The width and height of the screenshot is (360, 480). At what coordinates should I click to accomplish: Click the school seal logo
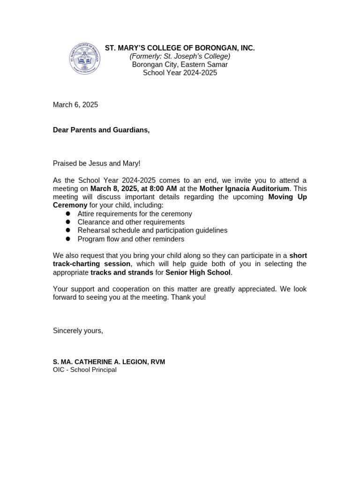pyautogui.click(x=85, y=59)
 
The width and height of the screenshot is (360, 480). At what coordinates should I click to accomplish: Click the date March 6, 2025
pyautogui.click(x=75, y=105)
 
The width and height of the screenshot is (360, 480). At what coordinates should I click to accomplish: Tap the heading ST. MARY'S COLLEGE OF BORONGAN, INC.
pyautogui.click(x=180, y=48)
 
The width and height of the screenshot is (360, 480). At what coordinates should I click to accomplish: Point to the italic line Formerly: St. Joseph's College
pyautogui.click(x=180, y=56)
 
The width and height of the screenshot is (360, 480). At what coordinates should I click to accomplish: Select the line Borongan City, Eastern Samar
pyautogui.click(x=180, y=65)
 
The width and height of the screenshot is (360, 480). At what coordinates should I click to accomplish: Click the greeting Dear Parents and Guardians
pyautogui.click(x=101, y=130)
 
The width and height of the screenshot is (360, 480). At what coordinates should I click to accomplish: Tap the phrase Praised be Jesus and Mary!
pyautogui.click(x=97, y=163)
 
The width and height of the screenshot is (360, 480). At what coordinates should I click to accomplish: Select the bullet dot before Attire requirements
pyautogui.click(x=68, y=214)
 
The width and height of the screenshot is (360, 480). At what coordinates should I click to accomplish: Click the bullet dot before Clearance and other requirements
pyautogui.click(x=68, y=222)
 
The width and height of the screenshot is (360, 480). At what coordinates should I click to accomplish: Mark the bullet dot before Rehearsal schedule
pyautogui.click(x=68, y=230)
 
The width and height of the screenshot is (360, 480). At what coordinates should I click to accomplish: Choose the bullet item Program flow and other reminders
pyautogui.click(x=131, y=239)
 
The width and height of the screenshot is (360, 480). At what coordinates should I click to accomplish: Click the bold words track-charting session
pyautogui.click(x=91, y=264)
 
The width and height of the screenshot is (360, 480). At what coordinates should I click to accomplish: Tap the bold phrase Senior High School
pyautogui.click(x=198, y=272)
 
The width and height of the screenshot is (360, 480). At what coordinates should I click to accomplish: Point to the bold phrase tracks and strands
pyautogui.click(x=122, y=272)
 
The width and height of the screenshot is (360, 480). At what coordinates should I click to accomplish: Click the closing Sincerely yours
pyautogui.click(x=78, y=330)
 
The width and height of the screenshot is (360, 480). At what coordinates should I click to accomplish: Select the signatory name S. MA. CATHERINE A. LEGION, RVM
pyautogui.click(x=109, y=362)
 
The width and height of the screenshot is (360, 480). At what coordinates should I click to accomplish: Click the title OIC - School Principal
pyautogui.click(x=84, y=370)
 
